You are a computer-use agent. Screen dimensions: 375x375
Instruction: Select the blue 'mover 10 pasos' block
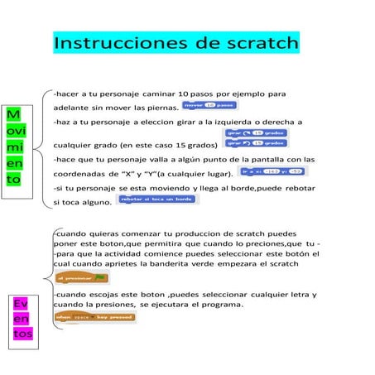click(209, 105)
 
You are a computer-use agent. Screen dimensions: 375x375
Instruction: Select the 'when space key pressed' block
click(92, 316)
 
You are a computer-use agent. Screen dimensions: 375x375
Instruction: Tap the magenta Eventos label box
click(23, 318)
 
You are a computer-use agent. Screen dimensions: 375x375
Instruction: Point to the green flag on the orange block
click(99, 276)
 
